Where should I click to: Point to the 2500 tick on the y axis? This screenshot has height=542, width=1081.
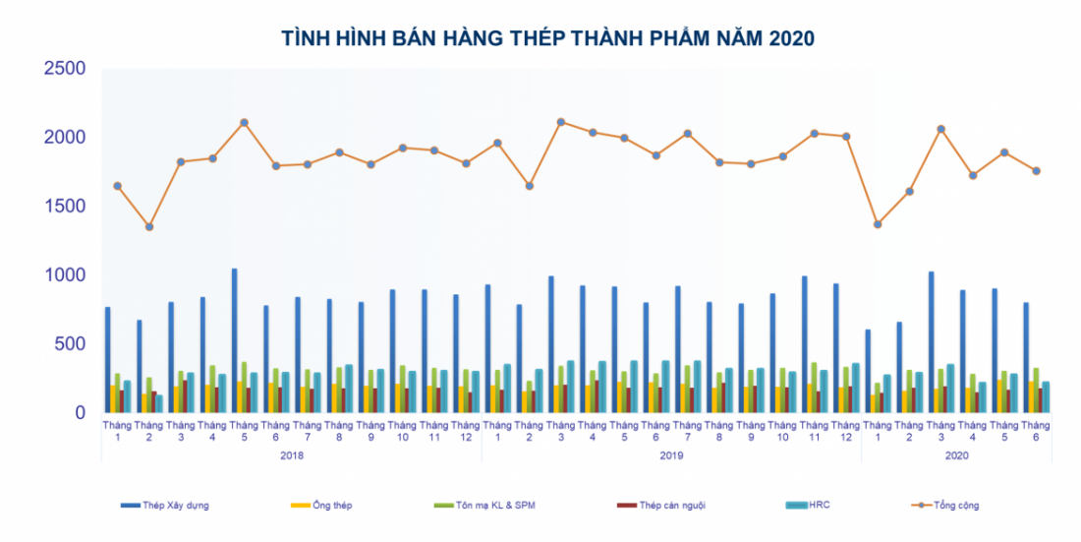64,69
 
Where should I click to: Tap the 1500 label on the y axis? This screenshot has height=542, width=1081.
64,207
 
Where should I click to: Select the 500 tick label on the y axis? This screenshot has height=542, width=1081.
71,344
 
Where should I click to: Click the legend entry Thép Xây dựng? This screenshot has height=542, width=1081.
165,506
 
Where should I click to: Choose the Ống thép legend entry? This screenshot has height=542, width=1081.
323,506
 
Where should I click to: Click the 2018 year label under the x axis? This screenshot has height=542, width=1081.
292,455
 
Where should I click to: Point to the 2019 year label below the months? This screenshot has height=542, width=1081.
671,455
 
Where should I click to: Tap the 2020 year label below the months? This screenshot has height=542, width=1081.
956,455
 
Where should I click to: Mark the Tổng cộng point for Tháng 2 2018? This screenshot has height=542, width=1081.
149,227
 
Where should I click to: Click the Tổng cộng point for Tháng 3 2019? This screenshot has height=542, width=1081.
561,122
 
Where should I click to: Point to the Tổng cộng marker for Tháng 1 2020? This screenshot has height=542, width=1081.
878,224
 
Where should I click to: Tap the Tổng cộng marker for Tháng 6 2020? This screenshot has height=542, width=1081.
1036,171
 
